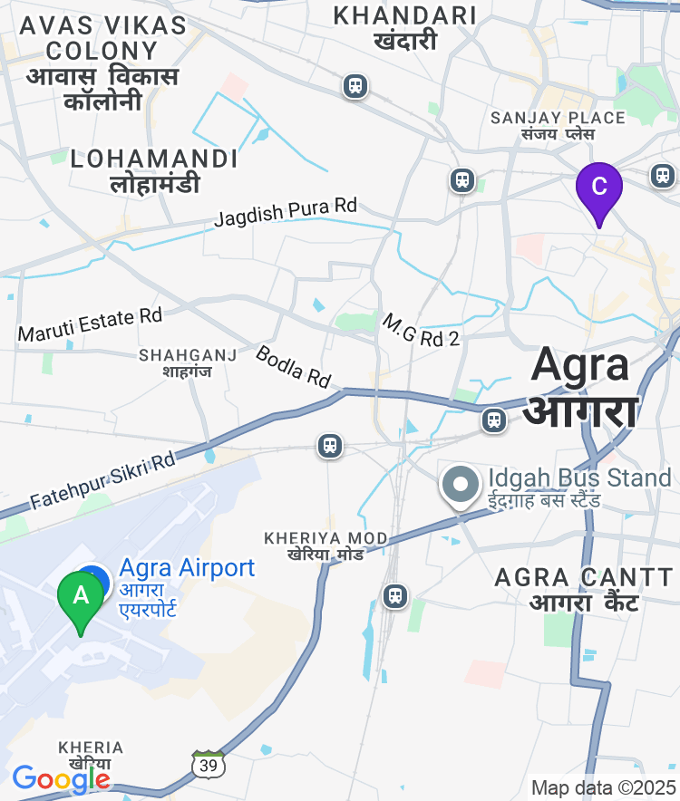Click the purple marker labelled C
click(x=598, y=188)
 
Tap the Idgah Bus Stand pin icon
click(x=461, y=485)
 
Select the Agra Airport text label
click(x=187, y=568)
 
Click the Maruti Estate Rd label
click(x=90, y=324)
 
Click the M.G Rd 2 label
click(x=421, y=331)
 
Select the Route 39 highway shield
click(x=209, y=764)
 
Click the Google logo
click(x=61, y=778)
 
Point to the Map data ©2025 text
click(x=603, y=787)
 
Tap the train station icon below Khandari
click(x=355, y=87)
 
